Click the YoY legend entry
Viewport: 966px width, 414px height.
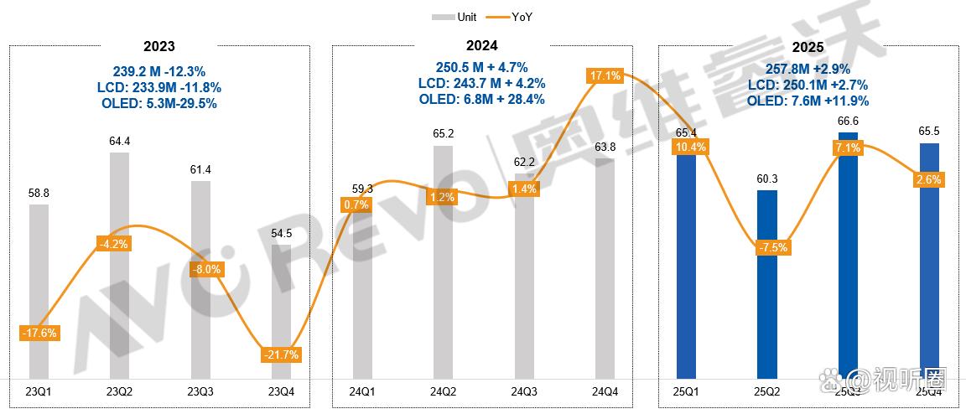tap(511, 17)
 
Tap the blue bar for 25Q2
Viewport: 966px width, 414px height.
tap(767, 285)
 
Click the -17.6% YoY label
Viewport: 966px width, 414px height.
tap(39, 333)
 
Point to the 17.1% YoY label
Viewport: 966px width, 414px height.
tap(605, 76)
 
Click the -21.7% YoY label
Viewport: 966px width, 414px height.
tap(282, 354)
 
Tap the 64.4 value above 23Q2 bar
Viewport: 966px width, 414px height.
tap(121, 141)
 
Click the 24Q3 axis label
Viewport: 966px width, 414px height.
tap(524, 391)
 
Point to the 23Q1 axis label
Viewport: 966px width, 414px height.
tap(39, 391)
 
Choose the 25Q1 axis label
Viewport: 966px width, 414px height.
tap(687, 391)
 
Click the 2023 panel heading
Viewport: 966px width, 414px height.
tap(159, 46)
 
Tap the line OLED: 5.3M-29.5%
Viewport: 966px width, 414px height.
tap(159, 103)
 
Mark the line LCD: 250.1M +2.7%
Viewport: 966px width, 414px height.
tap(807, 85)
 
